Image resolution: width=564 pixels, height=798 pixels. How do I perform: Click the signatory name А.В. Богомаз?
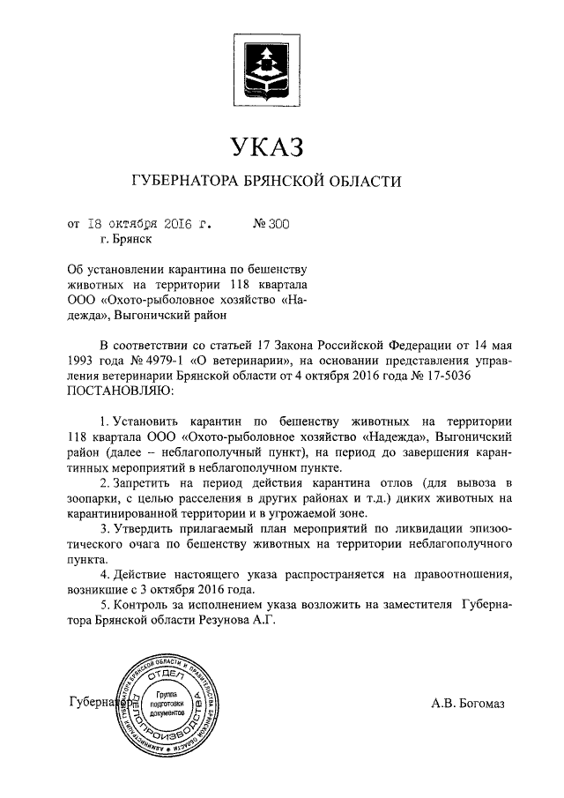[x=469, y=704]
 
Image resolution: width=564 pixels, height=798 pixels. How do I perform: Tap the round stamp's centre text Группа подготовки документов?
[x=166, y=703]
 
